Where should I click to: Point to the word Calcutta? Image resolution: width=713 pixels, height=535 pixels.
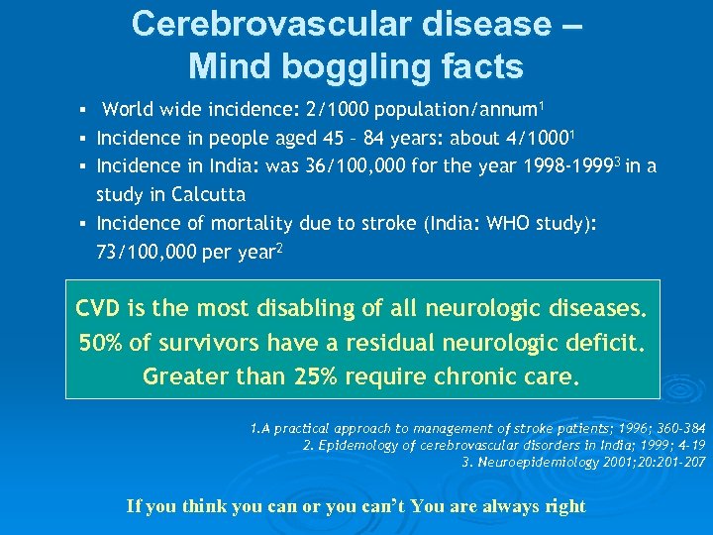point(208,194)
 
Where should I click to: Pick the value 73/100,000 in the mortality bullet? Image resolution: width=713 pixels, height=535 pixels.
point(149,252)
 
